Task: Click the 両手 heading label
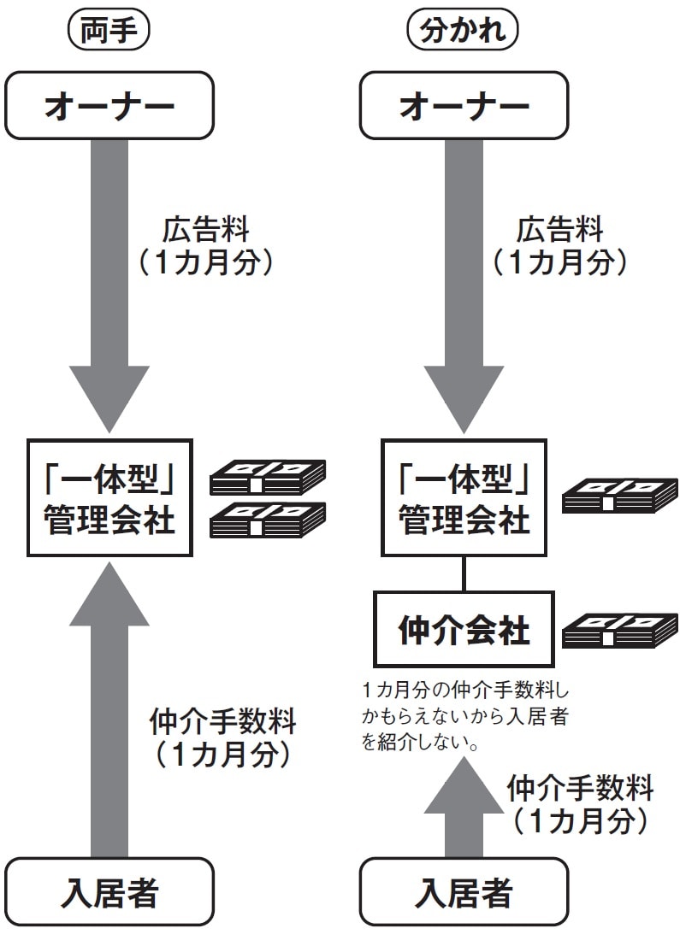click(109, 32)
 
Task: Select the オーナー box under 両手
click(109, 106)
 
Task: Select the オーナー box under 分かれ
click(464, 106)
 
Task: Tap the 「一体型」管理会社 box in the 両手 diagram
click(109, 497)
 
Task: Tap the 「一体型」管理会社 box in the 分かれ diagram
click(464, 497)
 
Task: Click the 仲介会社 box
click(464, 629)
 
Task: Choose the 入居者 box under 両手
click(109, 894)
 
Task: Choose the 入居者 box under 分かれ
click(464, 894)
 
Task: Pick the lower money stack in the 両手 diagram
click(268, 519)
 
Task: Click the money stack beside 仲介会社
click(620, 630)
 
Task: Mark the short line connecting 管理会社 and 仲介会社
click(464, 573)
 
